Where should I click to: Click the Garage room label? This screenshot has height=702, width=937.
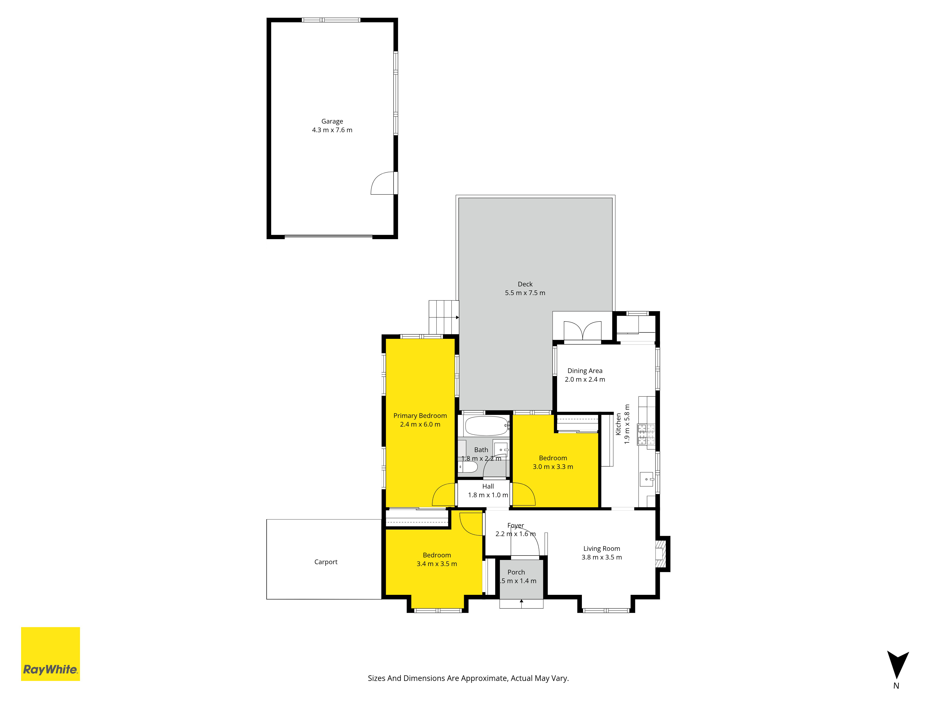[332, 121]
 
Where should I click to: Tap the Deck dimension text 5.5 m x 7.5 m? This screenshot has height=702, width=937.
[525, 293]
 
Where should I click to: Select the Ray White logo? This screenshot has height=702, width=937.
[50, 654]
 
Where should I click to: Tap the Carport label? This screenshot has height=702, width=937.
[326, 562]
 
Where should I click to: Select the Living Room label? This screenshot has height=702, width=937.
[602, 549]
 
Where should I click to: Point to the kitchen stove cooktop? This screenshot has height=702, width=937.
[646, 435]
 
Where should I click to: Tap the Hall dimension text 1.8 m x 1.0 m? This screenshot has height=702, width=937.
[488, 495]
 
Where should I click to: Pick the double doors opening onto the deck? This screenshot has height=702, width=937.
[582, 331]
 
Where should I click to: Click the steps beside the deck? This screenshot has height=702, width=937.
[443, 317]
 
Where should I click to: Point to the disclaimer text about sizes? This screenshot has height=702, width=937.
[468, 678]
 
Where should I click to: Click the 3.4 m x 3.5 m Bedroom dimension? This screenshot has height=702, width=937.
[437, 564]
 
